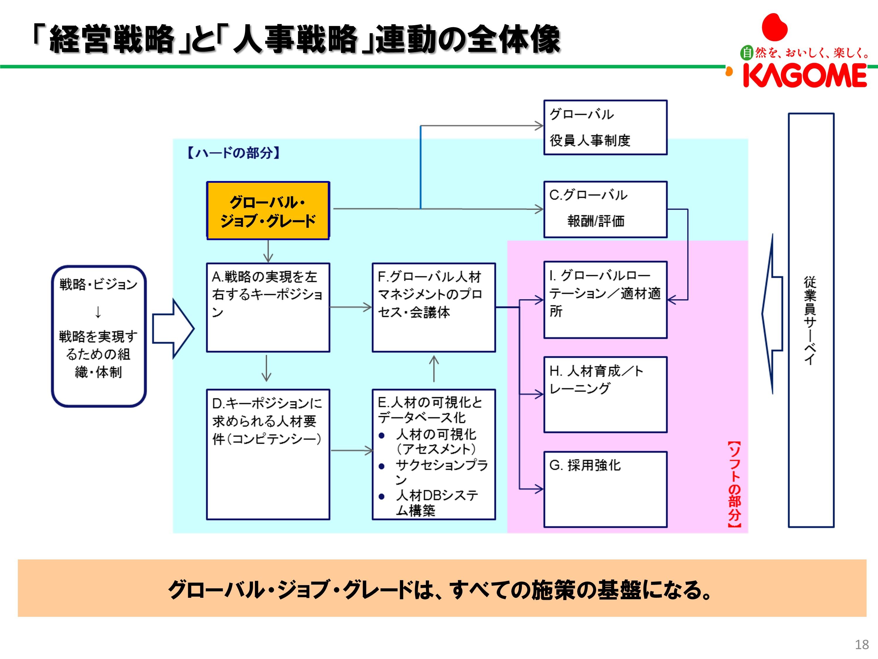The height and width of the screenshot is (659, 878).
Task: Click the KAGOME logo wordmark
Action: (x=805, y=76)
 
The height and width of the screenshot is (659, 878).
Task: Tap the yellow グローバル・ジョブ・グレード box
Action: (x=268, y=211)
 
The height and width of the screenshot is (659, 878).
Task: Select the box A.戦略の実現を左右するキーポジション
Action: (x=268, y=307)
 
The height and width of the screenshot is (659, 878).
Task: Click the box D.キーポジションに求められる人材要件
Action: (x=268, y=454)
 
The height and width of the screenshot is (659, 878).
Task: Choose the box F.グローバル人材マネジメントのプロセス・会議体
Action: (x=433, y=307)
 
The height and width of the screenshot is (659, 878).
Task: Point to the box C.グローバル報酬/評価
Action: (x=605, y=209)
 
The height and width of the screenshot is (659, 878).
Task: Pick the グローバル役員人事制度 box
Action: (x=605, y=127)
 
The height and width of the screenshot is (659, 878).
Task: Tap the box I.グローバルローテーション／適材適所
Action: (x=605, y=300)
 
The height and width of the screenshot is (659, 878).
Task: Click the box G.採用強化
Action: (x=605, y=489)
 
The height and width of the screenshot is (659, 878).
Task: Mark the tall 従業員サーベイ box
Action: (x=811, y=320)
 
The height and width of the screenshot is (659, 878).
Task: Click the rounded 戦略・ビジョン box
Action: (x=98, y=336)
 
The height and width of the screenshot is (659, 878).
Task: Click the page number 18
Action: (x=862, y=644)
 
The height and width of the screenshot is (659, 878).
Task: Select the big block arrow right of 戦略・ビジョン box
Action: (x=173, y=329)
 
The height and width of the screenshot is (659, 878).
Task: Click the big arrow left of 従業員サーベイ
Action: (x=772, y=314)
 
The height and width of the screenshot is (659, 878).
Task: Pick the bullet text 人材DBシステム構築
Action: (x=437, y=503)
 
